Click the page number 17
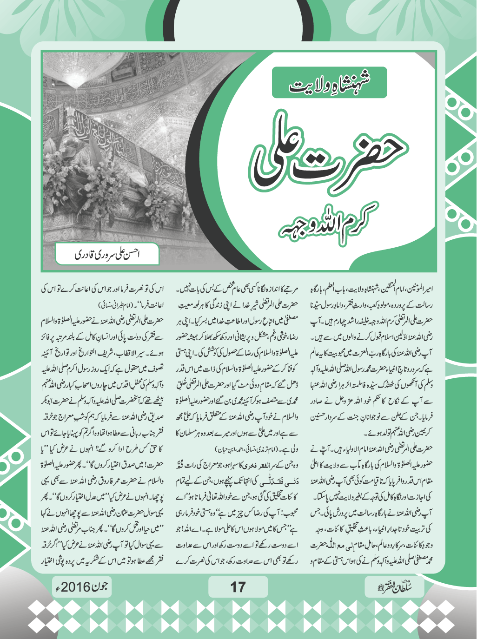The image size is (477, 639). coord(238,587)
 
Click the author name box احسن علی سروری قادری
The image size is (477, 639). coord(107,254)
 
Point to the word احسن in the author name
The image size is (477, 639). coord(133,254)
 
